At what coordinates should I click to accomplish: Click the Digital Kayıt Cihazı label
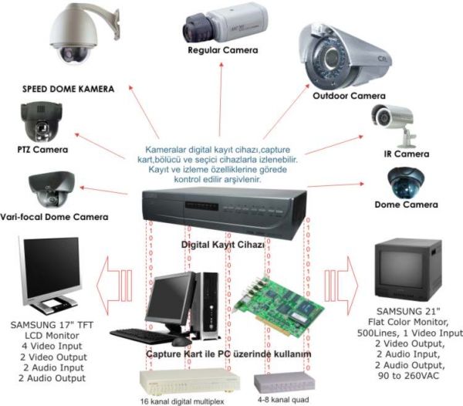pyautogui.click(x=222, y=244)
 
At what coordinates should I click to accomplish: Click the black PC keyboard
pyautogui.click(x=142, y=336)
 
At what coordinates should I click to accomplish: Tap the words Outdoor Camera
pyautogui.click(x=349, y=96)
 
